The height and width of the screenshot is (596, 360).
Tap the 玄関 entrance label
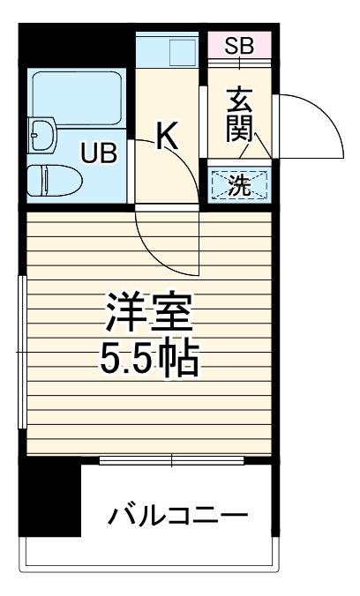click(x=238, y=115)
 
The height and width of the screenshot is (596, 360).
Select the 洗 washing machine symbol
click(x=239, y=184)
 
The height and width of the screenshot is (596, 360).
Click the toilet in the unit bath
click(x=52, y=181)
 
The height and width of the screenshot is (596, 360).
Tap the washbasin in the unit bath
click(x=41, y=136)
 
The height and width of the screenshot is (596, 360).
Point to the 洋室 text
click(x=146, y=313)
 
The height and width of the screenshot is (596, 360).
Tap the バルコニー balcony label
click(x=176, y=515)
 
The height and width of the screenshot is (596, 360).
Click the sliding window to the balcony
click(x=171, y=459)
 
